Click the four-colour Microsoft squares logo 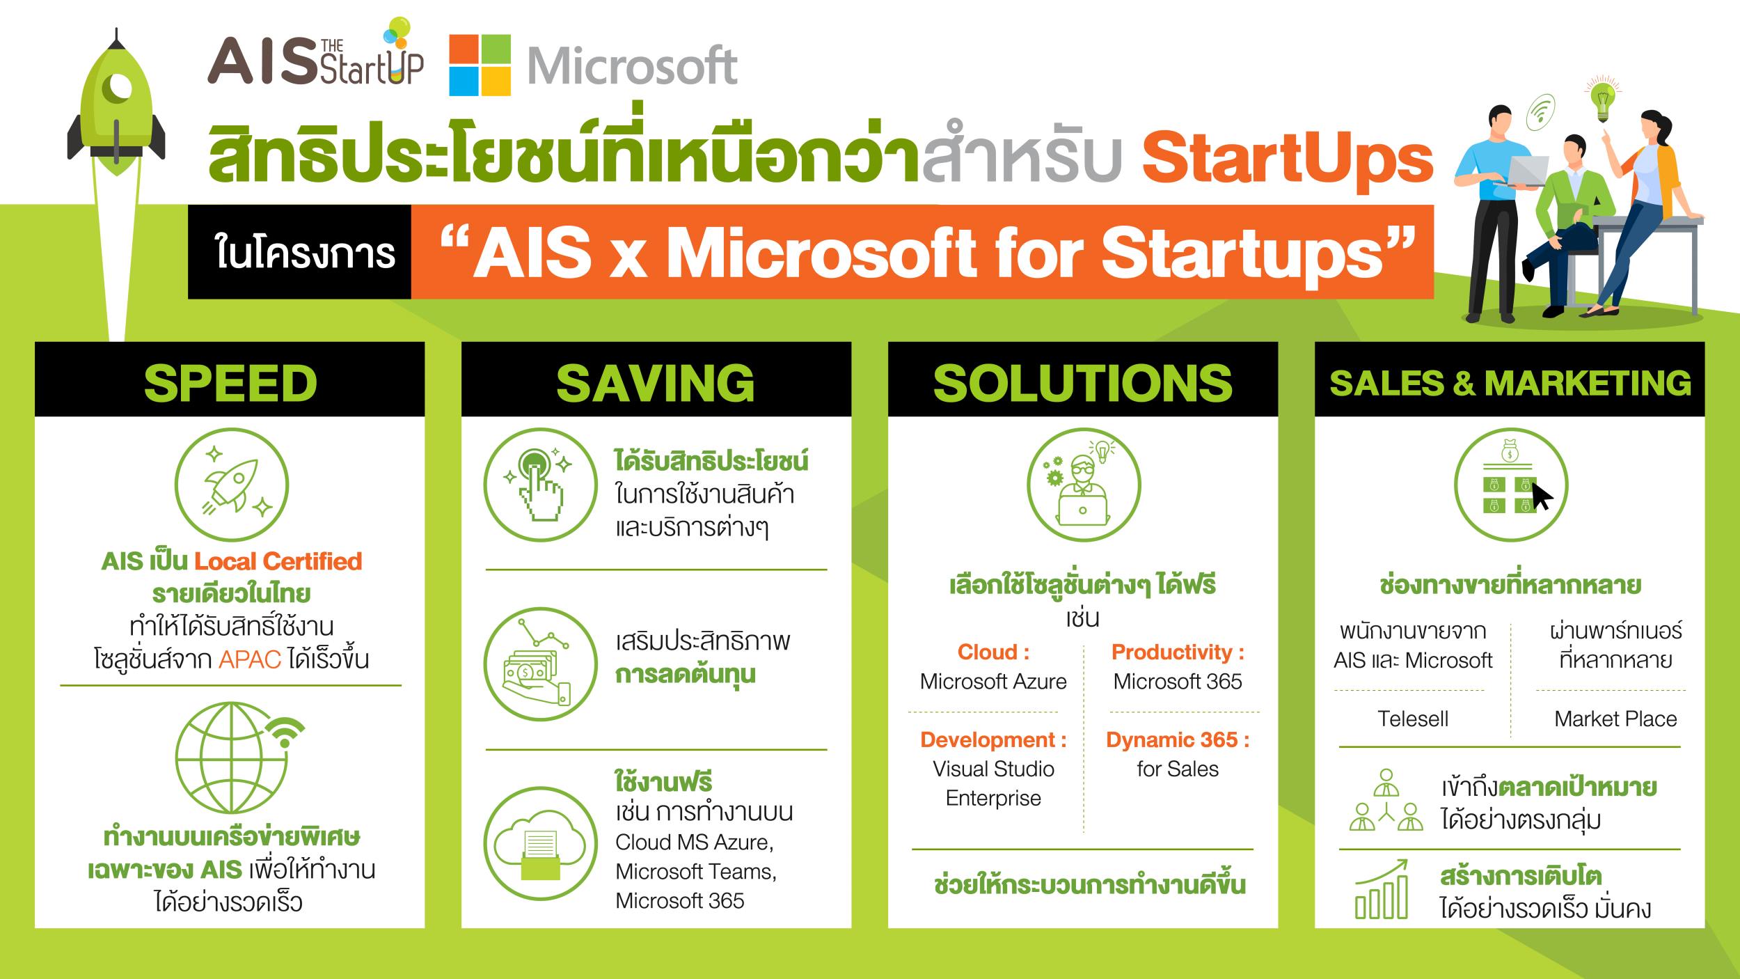[x=480, y=65]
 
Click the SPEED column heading [x=230, y=383]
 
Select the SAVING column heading [x=656, y=383]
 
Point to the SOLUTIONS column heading [x=1083, y=383]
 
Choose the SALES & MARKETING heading [x=1510, y=383]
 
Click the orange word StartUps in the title [x=1287, y=159]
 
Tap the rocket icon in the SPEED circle [x=232, y=485]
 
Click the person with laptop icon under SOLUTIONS [x=1084, y=485]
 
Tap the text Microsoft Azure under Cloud [x=993, y=681]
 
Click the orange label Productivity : [x=1178, y=652]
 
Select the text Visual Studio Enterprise [x=993, y=783]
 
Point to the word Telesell [x=1413, y=719]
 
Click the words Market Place [x=1615, y=719]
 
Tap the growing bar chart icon [x=1382, y=889]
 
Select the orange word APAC [x=250, y=659]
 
